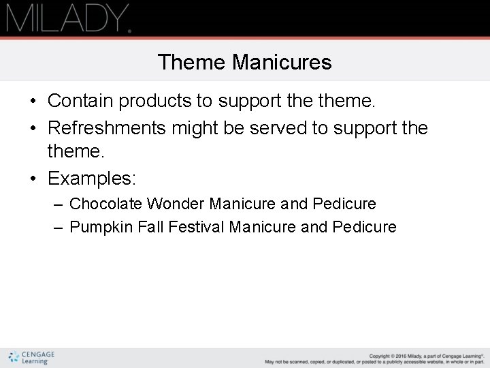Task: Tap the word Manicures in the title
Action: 281,63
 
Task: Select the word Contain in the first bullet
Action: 80,102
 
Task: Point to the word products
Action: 156,102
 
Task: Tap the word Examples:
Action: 92,179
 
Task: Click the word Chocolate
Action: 105,204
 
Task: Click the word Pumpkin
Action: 101,227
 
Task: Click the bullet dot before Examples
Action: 33,179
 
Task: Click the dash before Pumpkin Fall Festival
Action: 58,228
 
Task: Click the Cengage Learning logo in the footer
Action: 31,358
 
